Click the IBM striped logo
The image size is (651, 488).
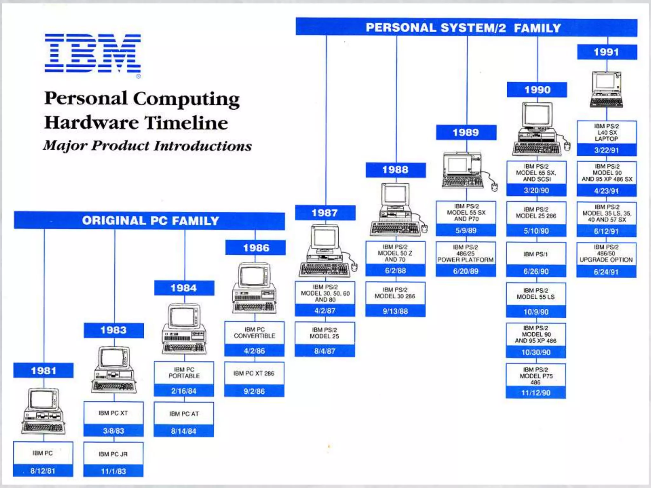tap(93, 53)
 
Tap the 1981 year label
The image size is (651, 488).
tap(43, 370)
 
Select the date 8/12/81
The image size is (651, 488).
tap(43, 471)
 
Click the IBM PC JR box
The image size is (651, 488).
tap(113, 454)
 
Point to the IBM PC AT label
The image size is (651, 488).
tap(184, 414)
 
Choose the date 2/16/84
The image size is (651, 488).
tap(184, 391)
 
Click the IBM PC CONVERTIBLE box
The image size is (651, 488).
tap(254, 333)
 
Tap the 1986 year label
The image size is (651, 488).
tap(256, 247)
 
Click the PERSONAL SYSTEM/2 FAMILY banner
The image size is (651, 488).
tap(466, 28)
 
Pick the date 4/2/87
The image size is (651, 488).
tap(325, 311)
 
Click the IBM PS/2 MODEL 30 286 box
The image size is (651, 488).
tap(395, 293)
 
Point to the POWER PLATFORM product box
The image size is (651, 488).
tap(466, 254)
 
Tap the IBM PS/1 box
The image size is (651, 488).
tap(536, 254)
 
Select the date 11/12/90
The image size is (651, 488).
tap(536, 393)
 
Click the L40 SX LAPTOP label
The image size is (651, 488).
tap(606, 132)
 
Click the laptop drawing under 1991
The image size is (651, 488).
tap(606, 90)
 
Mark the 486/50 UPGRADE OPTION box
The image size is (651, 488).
tap(606, 254)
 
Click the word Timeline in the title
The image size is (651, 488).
tap(186, 123)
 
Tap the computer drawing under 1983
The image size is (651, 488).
tap(114, 370)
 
